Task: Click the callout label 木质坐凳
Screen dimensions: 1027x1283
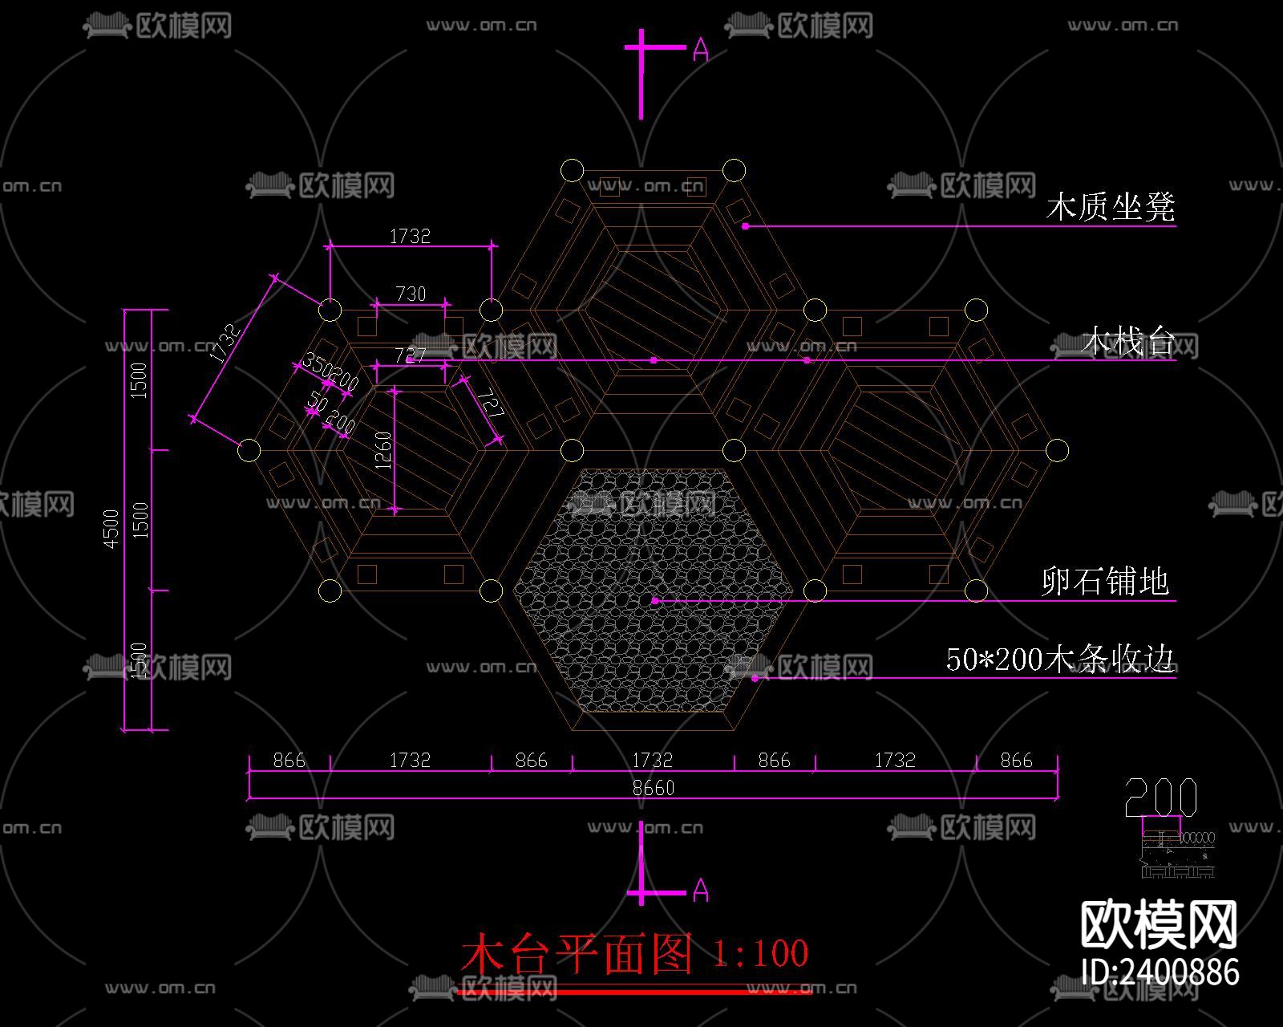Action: [x=1111, y=207]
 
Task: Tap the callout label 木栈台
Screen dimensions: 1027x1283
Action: [x=1127, y=342]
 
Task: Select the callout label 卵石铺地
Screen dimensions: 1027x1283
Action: [x=1106, y=581]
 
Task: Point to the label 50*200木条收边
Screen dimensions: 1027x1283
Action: [x=1060, y=660]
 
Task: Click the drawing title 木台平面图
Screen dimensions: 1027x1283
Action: [x=577, y=953]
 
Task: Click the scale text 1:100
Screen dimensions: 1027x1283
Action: [x=760, y=953]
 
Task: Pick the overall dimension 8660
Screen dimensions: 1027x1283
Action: [x=653, y=788]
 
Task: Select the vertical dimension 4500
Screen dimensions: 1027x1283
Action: [x=111, y=529]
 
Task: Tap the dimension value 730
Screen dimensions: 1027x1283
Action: [x=411, y=294]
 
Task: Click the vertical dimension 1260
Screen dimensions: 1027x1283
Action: [x=383, y=451]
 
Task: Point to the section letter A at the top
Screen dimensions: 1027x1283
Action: [x=700, y=51]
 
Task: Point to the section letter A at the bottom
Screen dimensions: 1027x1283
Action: [x=700, y=890]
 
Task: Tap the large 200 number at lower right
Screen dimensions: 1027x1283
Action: [x=1160, y=798]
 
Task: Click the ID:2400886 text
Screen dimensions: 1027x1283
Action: [x=1160, y=972]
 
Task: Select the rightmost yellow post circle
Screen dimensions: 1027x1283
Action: [x=1058, y=450]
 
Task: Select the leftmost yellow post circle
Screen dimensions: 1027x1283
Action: [x=249, y=450]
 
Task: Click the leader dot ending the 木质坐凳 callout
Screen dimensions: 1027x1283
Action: [x=745, y=226]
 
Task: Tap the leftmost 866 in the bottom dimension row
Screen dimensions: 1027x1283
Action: [x=289, y=760]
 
